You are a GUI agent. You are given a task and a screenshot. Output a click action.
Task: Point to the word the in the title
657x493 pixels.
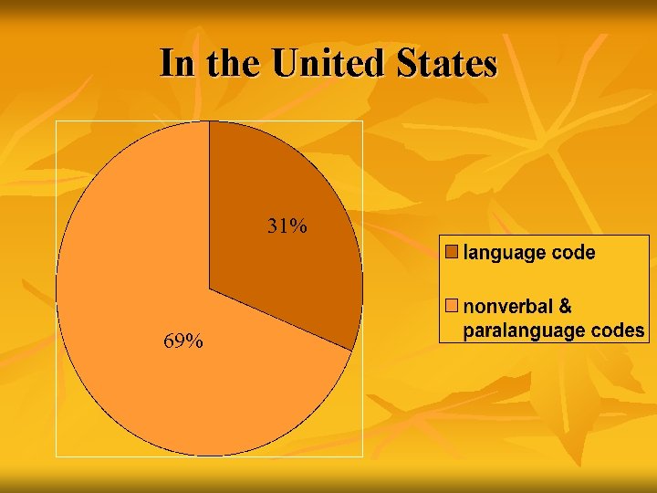235,64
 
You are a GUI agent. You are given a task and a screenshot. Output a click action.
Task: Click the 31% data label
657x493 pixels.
287,226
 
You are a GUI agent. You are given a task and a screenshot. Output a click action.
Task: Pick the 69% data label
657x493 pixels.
183,341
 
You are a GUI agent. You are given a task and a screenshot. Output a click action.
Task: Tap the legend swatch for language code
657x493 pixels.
452,251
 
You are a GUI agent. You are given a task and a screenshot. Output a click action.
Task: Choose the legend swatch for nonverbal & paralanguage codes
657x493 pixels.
452,304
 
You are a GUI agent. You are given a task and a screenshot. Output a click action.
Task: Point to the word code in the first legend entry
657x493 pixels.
573,252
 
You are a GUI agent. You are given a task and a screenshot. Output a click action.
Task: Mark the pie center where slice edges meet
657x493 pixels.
210,289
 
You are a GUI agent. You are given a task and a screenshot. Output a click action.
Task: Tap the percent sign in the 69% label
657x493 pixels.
194,341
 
